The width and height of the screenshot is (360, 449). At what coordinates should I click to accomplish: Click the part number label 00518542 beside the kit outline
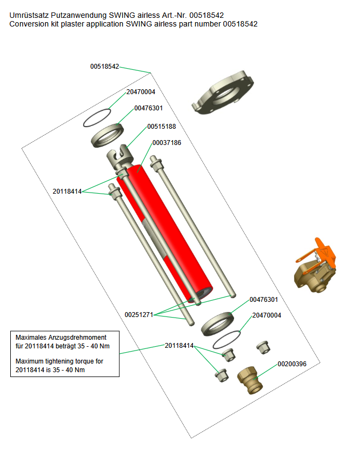(x=104, y=67)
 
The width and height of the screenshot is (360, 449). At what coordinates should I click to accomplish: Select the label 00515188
(x=162, y=127)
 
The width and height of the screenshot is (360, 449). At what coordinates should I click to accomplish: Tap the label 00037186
(x=166, y=143)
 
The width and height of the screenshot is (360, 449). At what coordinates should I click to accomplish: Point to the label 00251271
(x=139, y=315)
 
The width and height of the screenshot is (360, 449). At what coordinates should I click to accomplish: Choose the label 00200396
(x=292, y=364)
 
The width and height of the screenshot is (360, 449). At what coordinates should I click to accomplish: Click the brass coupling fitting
(x=250, y=380)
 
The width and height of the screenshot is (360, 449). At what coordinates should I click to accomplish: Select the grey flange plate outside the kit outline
(x=223, y=92)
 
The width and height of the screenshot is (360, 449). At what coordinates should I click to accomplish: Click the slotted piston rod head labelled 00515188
(x=119, y=157)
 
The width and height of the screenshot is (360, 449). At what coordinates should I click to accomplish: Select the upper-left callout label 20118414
(x=67, y=192)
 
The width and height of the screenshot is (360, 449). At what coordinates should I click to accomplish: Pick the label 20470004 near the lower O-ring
(x=266, y=315)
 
